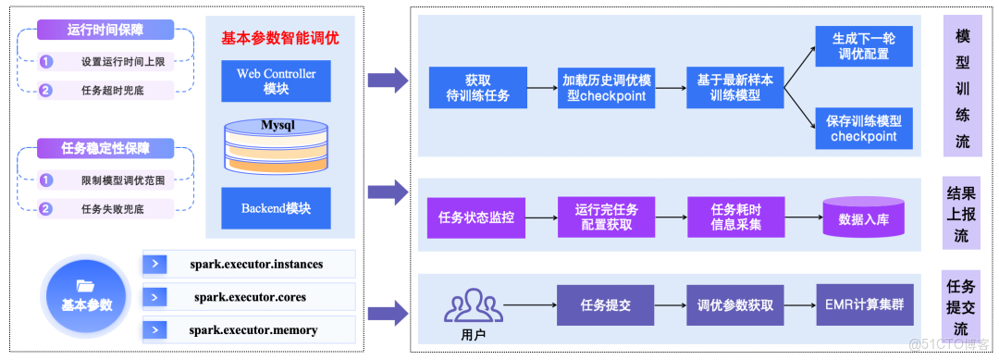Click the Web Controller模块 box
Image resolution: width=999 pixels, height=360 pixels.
[276, 81]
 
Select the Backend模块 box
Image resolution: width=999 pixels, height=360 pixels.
[276, 208]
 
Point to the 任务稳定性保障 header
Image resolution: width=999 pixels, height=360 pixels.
[105, 148]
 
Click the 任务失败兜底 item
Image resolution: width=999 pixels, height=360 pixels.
[112, 209]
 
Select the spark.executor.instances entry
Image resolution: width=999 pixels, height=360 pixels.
[250, 265]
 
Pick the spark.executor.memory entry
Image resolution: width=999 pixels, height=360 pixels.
[250, 329]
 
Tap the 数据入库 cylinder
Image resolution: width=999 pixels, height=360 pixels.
[863, 218]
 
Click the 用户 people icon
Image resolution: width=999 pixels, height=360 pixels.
[473, 306]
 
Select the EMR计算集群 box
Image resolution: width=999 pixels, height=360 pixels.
[863, 304]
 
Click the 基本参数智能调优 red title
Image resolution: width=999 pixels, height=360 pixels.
[279, 39]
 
